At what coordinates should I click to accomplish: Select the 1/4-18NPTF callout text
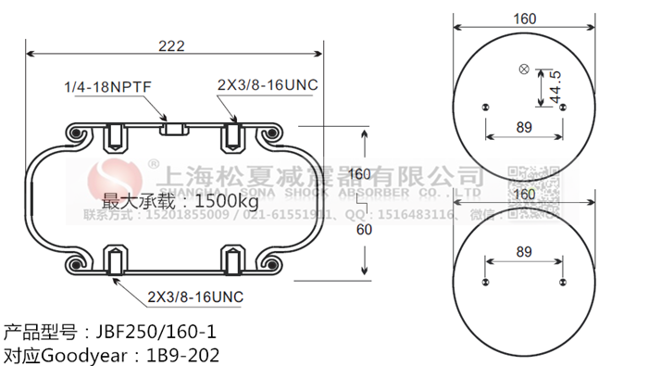click(107, 87)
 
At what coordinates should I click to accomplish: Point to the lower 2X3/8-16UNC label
click(195, 297)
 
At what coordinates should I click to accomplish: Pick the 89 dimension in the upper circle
click(523, 127)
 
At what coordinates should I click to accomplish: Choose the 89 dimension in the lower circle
click(523, 252)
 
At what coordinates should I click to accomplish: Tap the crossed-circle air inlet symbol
click(525, 69)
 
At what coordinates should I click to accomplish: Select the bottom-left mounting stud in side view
click(115, 262)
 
